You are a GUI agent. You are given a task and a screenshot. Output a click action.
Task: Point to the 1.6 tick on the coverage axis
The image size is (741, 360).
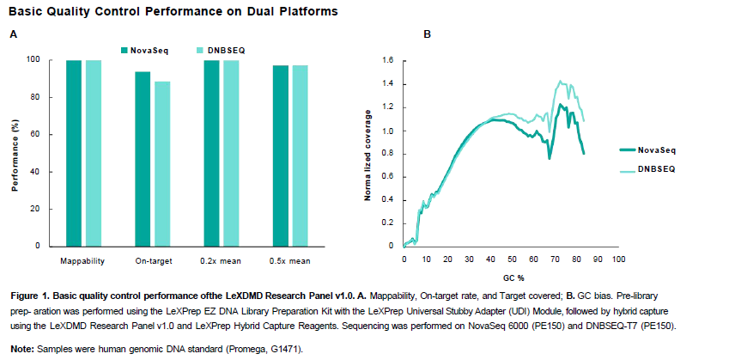(x=387, y=60)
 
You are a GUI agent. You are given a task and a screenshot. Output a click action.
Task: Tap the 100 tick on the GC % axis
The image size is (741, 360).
(x=617, y=258)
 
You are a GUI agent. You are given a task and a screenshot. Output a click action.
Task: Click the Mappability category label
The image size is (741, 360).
(x=82, y=260)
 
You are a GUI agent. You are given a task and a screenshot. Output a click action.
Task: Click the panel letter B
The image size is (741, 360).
(x=428, y=34)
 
